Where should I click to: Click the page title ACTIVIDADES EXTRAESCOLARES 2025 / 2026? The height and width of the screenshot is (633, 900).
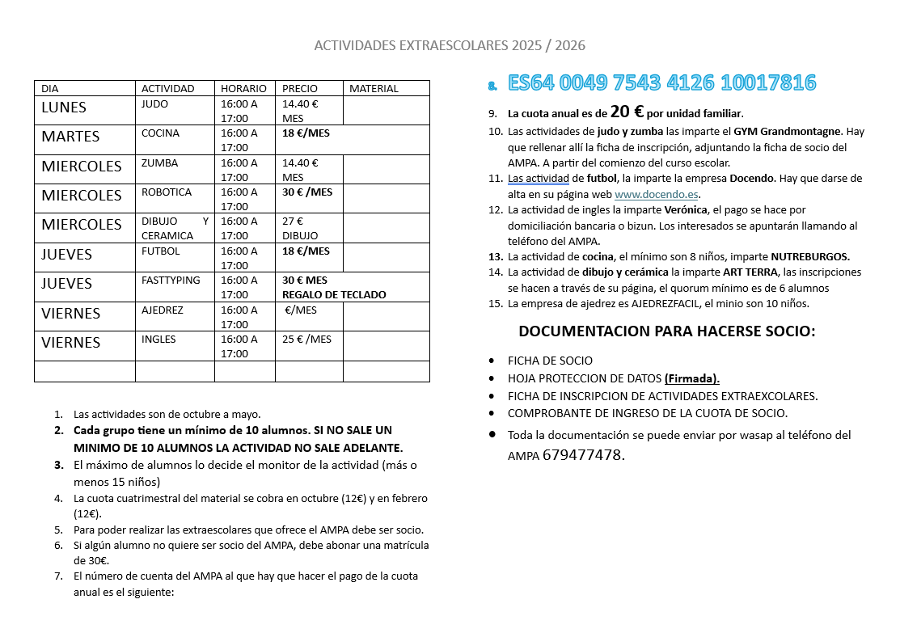pyautogui.click(x=450, y=45)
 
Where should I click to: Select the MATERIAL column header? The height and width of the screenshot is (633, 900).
pyautogui.click(x=374, y=88)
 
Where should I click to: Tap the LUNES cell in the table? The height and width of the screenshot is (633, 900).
pyautogui.click(x=64, y=108)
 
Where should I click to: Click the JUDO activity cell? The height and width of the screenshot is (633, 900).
pyautogui.click(x=154, y=103)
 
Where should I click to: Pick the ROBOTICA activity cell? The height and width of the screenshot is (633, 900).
pyautogui.click(x=167, y=192)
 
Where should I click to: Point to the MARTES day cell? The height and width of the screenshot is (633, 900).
pyautogui.click(x=70, y=137)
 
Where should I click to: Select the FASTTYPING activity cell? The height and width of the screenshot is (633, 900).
pyautogui.click(x=171, y=281)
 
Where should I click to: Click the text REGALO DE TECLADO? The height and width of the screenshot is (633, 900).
pyautogui.click(x=334, y=294)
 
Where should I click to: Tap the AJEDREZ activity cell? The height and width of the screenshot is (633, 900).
pyautogui.click(x=163, y=310)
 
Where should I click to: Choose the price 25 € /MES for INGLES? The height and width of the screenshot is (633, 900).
pyautogui.click(x=306, y=340)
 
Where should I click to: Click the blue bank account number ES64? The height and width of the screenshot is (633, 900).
pyautogui.click(x=661, y=82)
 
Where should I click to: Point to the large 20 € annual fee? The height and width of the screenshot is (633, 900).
pyautogui.click(x=627, y=112)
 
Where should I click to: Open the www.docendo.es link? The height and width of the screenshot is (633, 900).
pyautogui.click(x=656, y=195)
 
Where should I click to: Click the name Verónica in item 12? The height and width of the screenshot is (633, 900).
pyautogui.click(x=686, y=209)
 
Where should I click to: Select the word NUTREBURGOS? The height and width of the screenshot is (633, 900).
pyautogui.click(x=810, y=257)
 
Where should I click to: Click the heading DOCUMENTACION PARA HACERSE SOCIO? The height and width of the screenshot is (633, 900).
pyautogui.click(x=667, y=331)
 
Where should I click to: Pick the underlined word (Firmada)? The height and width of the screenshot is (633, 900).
pyautogui.click(x=692, y=378)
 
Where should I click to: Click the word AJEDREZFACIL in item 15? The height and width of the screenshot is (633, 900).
pyautogui.click(x=656, y=304)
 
